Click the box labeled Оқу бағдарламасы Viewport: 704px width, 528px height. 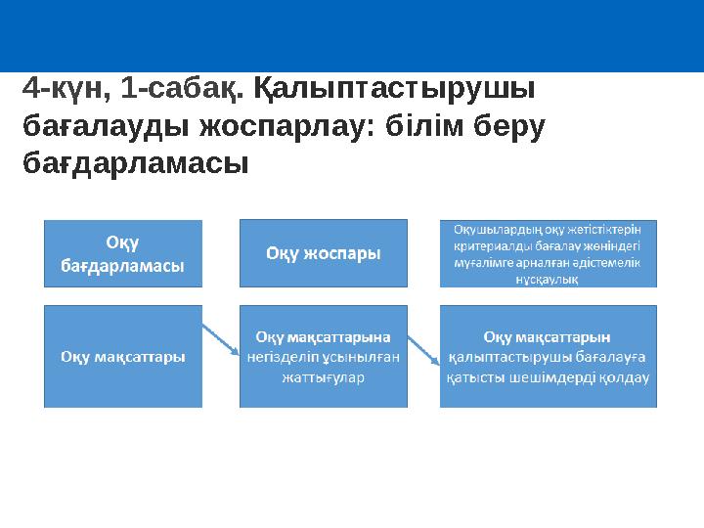tap(123, 252)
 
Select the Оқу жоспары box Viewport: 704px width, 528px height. tap(324, 252)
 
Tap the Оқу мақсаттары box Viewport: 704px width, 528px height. tap(123, 357)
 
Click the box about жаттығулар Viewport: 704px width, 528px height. tap(324, 357)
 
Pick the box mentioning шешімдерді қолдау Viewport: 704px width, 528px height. tap(548, 357)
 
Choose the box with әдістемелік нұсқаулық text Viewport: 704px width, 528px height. tap(548, 252)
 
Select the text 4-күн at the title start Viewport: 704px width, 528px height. tap(59, 91)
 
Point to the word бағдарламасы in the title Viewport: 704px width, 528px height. tap(135, 163)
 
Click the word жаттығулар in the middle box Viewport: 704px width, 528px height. tap(323, 376)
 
